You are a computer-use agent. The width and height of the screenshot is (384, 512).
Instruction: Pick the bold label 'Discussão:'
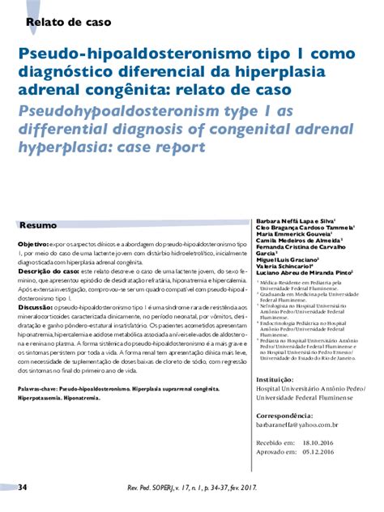point(37,307)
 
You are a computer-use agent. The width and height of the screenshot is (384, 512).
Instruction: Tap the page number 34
point(23,487)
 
